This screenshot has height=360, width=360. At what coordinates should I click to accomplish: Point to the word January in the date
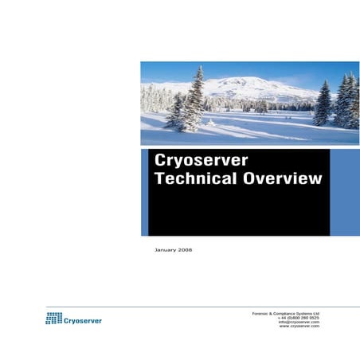pos(165,250)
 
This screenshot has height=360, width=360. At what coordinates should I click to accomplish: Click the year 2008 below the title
pos(185,250)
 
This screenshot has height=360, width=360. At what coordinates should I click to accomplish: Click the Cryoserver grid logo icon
pos(53,319)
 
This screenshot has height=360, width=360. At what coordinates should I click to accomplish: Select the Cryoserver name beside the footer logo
pos(83,320)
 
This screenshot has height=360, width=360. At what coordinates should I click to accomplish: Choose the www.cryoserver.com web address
pos(299,327)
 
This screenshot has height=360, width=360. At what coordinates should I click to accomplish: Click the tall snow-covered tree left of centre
pos(194,100)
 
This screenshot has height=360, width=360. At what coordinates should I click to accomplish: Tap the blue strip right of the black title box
pos(344,192)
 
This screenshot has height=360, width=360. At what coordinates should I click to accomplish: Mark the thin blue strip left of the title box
pos(144,192)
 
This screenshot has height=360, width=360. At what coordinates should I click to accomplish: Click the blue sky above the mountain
pos(239,68)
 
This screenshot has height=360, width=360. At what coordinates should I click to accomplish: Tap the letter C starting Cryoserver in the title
pos(160,160)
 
